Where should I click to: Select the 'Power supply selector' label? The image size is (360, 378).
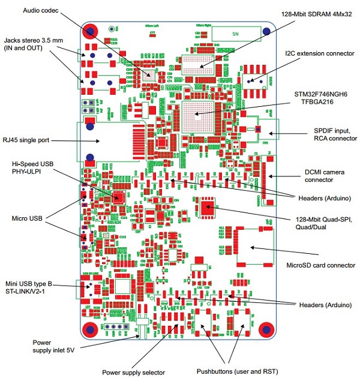pyautogui.click(x=133, y=373)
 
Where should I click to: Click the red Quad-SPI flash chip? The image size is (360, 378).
pyautogui.click(x=208, y=208)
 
